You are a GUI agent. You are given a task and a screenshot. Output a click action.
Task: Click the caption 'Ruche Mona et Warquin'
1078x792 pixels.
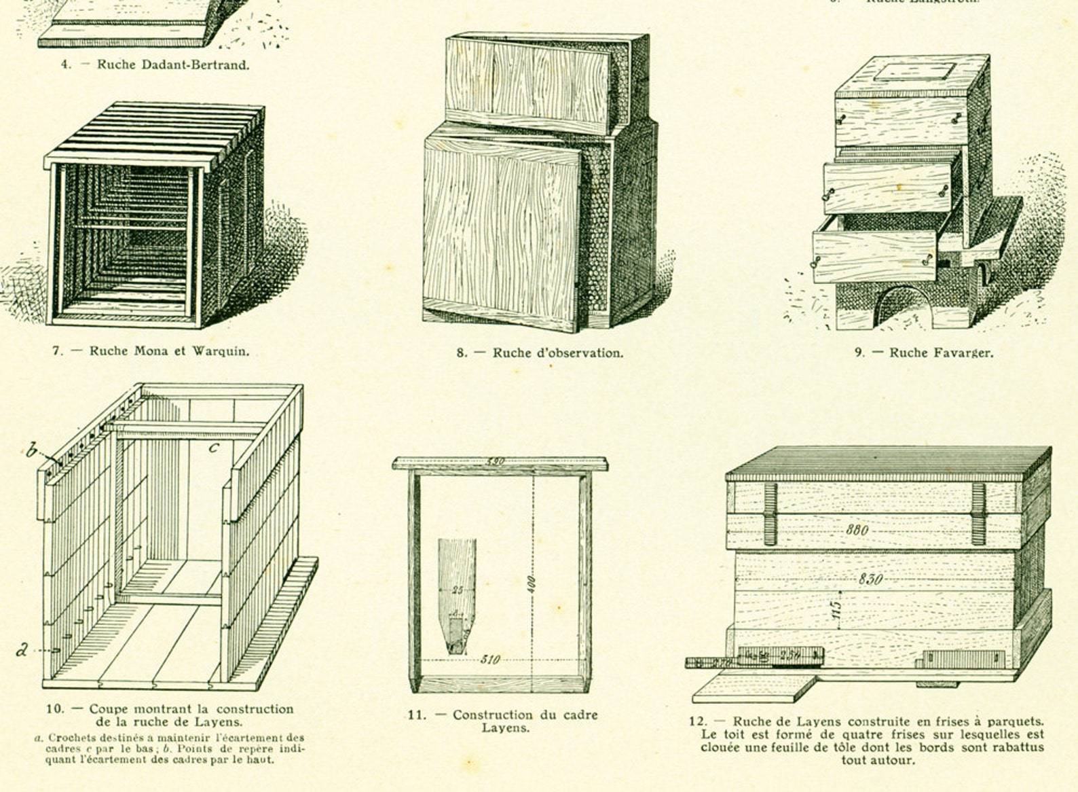[169, 351]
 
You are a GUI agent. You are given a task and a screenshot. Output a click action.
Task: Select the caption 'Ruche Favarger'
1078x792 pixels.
[940, 353]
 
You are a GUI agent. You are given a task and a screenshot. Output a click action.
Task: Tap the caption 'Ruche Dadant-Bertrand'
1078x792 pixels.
[172, 65]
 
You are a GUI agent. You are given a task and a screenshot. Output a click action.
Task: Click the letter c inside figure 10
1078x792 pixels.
[213, 447]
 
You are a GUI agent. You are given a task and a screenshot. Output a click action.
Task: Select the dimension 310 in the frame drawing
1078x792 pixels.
[490, 659]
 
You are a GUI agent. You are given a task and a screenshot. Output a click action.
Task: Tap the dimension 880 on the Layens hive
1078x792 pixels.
[857, 529]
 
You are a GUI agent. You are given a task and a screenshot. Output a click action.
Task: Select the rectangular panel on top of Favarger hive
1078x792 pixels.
[914, 71]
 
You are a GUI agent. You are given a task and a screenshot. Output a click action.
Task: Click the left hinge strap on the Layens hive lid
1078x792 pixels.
[770, 514]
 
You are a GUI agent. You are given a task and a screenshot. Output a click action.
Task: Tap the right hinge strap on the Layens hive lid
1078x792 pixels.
[978, 514]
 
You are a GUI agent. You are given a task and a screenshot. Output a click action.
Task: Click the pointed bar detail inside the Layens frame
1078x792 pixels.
[457, 594]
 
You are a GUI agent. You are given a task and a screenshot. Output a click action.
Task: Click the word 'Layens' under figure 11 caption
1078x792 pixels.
[506, 727]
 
